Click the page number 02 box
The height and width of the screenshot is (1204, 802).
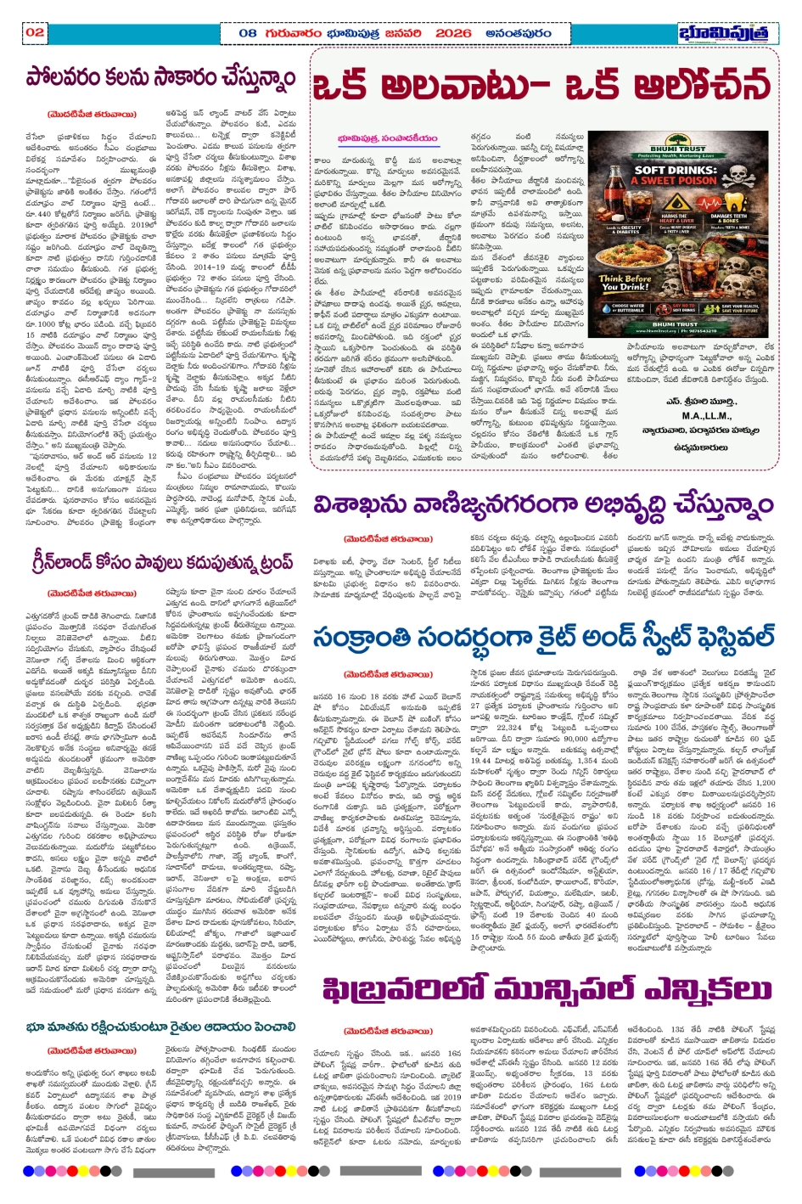pos(35,32)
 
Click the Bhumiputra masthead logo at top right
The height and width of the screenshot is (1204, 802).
pos(728,33)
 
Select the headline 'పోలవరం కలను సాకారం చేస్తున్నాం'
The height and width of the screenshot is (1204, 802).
pos(161,78)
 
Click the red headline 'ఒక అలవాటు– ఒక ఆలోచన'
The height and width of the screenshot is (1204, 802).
pos(542,85)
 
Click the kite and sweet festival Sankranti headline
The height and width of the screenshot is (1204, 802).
pos(543,637)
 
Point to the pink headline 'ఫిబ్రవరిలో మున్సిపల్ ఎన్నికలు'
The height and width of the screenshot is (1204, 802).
pos(547,989)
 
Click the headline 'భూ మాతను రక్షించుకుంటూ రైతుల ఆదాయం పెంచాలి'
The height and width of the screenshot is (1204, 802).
pos(161,1027)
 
